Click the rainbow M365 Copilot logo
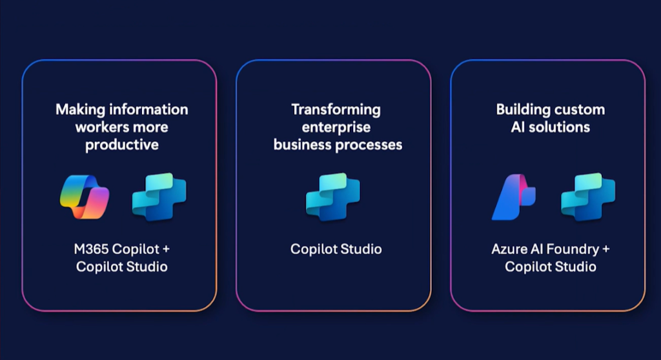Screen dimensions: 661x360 click(x=85, y=197)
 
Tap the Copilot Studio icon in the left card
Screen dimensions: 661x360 click(x=159, y=197)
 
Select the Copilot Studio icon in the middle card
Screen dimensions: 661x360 click(x=333, y=197)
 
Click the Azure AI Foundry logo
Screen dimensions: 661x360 click(x=514, y=197)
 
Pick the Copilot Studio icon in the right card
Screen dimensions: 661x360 click(x=588, y=197)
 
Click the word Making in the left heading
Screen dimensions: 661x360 click(x=80, y=110)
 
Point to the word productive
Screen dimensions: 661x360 click(x=122, y=145)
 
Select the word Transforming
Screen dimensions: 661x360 click(x=336, y=110)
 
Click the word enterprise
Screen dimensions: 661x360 click(x=336, y=128)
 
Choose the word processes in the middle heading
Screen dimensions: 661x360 click(x=369, y=145)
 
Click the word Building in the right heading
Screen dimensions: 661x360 click(x=519, y=110)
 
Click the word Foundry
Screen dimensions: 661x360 click(x=572, y=250)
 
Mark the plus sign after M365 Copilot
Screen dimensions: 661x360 click(x=166, y=249)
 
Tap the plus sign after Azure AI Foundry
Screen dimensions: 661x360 click(x=605, y=249)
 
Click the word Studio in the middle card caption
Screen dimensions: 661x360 click(x=361, y=249)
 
